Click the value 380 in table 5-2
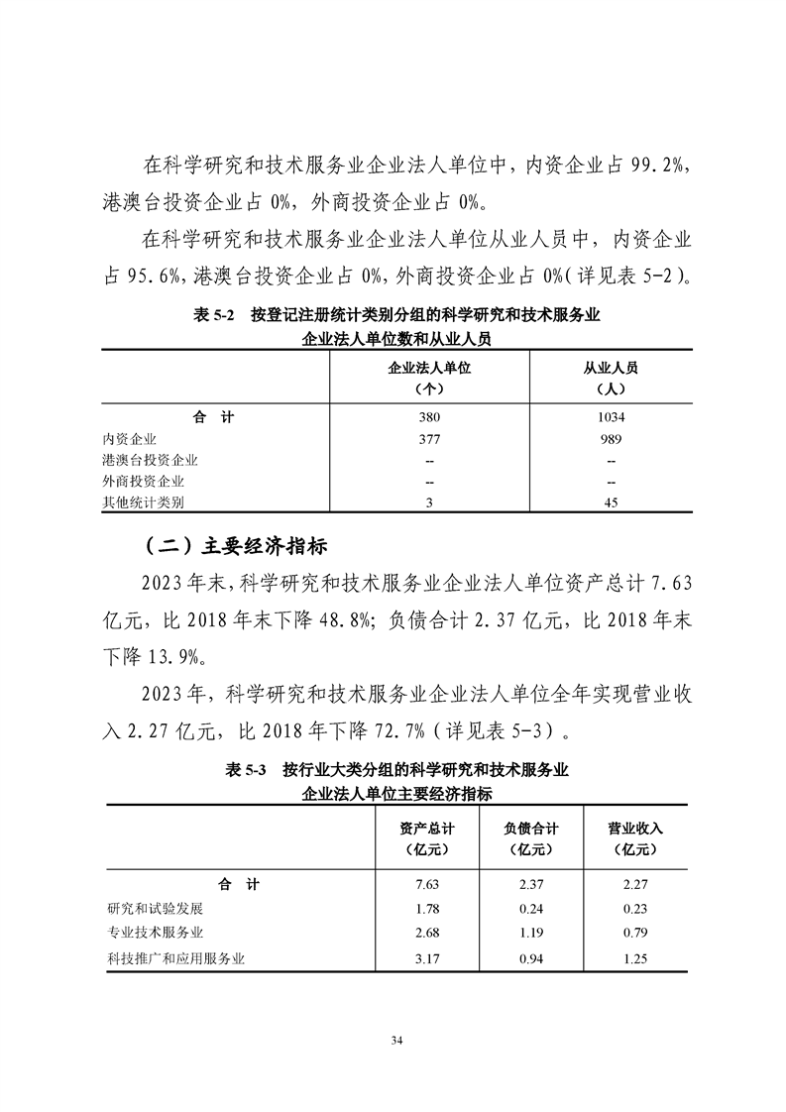pyautogui.click(x=429, y=418)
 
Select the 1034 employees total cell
pyautogui.click(x=611, y=418)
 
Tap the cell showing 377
pyautogui.click(x=429, y=439)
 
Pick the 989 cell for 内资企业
pyautogui.click(x=611, y=439)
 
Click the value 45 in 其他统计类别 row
pyautogui.click(x=611, y=502)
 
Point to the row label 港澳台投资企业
pyautogui.click(x=150, y=460)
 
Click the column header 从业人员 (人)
pyautogui.click(x=611, y=377)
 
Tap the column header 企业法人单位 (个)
pyautogui.click(x=429, y=377)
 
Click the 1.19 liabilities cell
pyautogui.click(x=530, y=933)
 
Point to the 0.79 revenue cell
pyautogui.click(x=634, y=933)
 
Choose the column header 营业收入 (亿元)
pyautogui.click(x=634, y=838)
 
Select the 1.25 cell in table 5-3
pyautogui.click(x=634, y=957)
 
